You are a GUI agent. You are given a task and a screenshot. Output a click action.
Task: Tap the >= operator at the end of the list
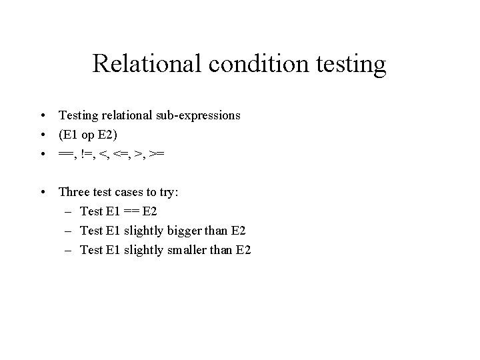[x=158, y=154]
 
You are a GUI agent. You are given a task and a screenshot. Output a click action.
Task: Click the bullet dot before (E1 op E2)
[x=43, y=135]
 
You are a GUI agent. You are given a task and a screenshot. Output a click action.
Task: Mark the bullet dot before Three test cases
[x=43, y=193]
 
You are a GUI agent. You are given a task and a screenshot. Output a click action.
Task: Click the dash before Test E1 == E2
[x=69, y=212]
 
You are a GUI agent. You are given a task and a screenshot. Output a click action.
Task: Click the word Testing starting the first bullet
[x=78, y=116]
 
